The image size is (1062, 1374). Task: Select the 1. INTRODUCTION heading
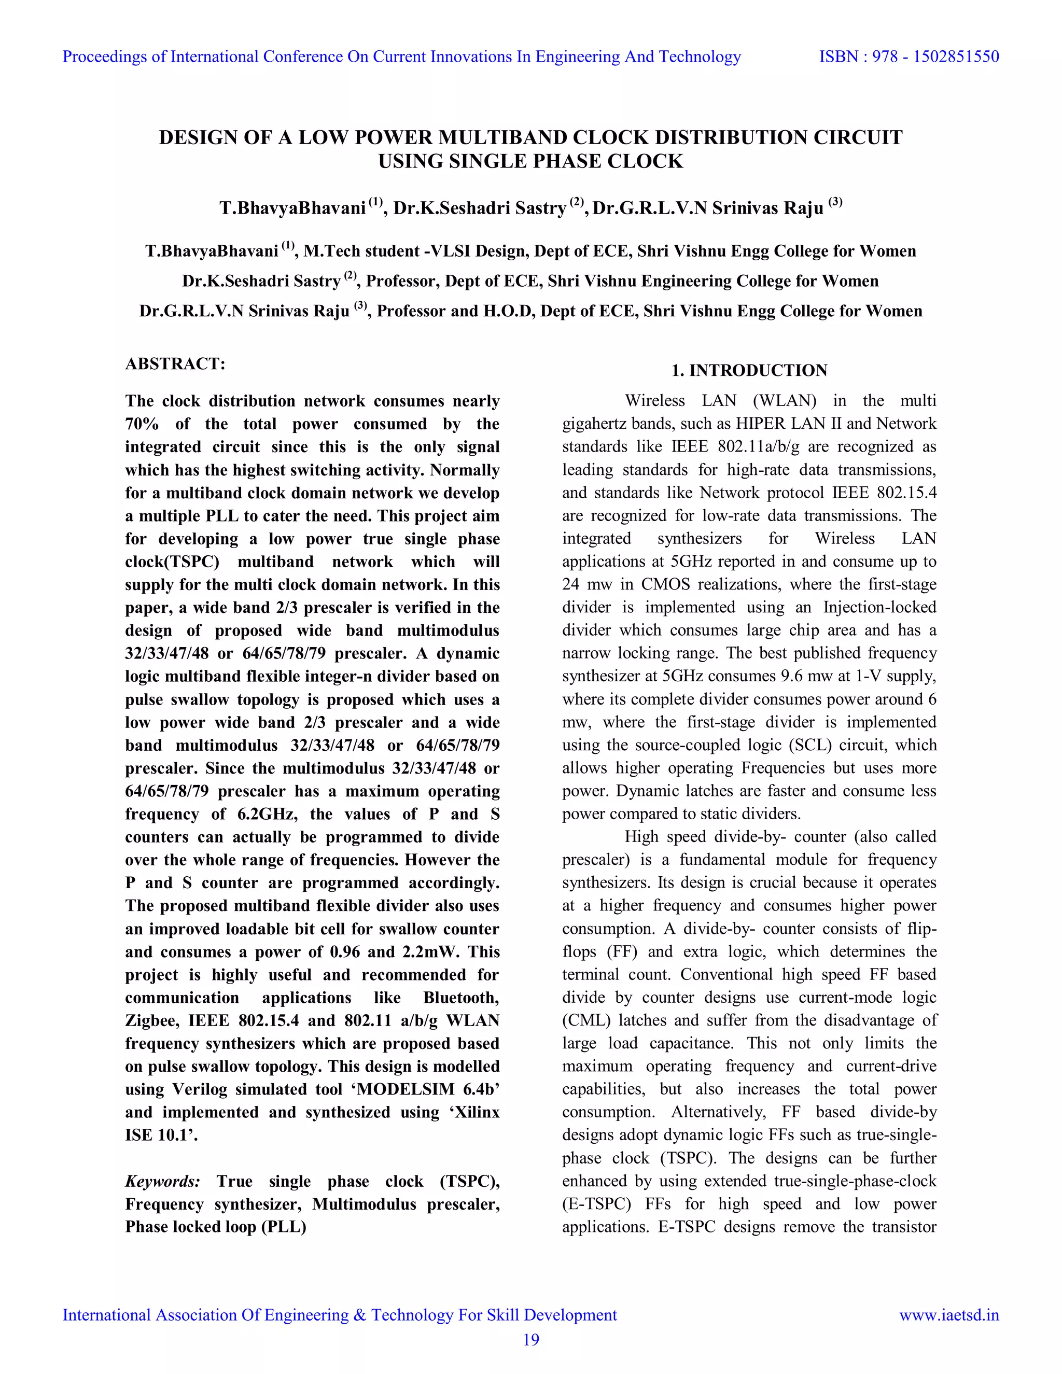pos(749,371)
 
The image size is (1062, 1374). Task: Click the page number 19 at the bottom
pos(531,1340)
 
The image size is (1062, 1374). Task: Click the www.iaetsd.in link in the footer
pos(949,1315)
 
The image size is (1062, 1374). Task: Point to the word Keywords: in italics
pos(163,1181)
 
